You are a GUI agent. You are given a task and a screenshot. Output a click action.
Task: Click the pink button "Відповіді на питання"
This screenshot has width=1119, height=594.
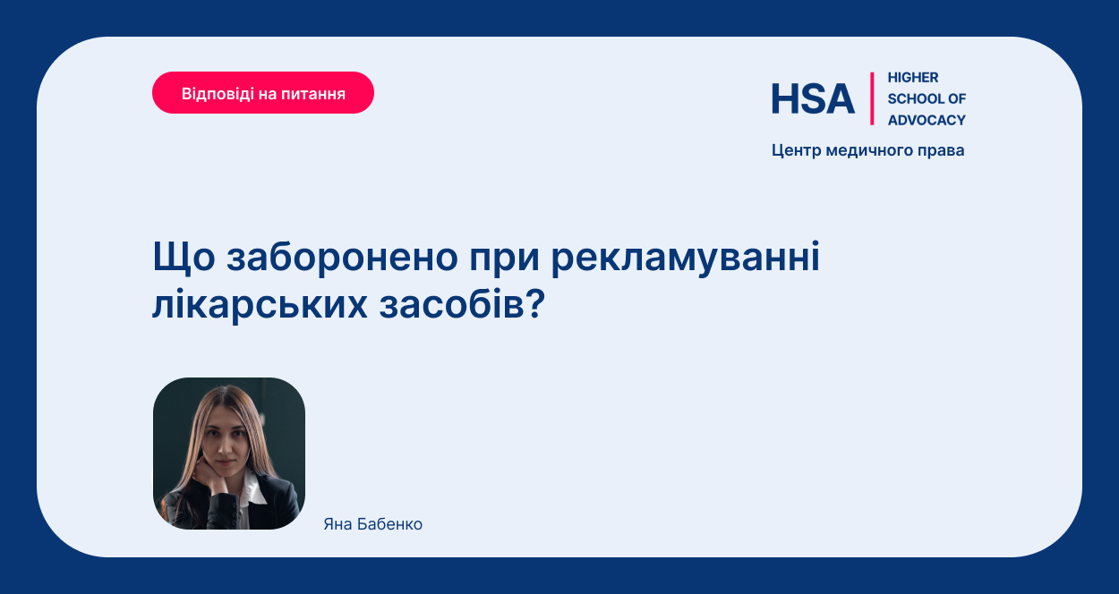pyautogui.click(x=263, y=93)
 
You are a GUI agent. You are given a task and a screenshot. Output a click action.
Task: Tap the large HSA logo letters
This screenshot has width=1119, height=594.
pyautogui.click(x=813, y=98)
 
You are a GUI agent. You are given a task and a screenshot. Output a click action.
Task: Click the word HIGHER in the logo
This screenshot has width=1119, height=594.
pyautogui.click(x=913, y=78)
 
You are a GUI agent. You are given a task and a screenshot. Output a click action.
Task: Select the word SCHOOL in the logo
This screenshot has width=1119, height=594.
pyautogui.click(x=915, y=98)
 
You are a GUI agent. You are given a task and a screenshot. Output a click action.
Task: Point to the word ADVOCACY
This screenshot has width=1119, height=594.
pyautogui.click(x=927, y=120)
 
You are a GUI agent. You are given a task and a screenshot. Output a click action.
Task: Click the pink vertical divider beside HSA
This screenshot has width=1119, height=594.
pyautogui.click(x=872, y=98)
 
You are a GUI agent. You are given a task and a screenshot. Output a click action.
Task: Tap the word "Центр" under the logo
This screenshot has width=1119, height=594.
pyautogui.click(x=797, y=151)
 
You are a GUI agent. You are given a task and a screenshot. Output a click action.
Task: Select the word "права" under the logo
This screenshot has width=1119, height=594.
pyautogui.click(x=941, y=151)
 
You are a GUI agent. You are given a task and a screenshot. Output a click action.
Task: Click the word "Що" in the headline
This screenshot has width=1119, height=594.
pyautogui.click(x=184, y=258)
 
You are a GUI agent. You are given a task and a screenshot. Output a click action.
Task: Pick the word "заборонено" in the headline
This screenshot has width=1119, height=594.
pyautogui.click(x=342, y=257)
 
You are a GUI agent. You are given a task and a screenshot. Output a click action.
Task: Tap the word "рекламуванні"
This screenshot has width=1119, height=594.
pyautogui.click(x=686, y=258)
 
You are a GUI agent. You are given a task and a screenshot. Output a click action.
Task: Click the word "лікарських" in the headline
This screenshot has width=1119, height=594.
pyautogui.click(x=260, y=304)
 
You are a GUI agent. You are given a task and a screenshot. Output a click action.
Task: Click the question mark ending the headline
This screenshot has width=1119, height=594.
pyautogui.click(x=534, y=303)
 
